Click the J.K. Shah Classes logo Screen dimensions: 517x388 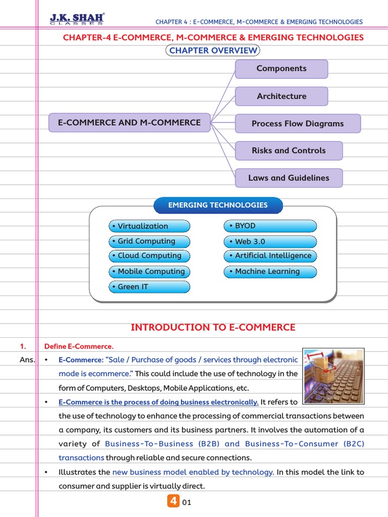[x=77, y=19]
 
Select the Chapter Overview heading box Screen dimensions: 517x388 [x=213, y=50]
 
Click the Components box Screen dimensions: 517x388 [x=281, y=69]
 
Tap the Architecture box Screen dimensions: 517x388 [x=281, y=96]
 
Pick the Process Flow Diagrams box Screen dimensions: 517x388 [x=298, y=123]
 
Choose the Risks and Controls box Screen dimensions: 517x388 [x=288, y=150]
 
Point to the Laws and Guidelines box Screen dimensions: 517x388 [x=288, y=178]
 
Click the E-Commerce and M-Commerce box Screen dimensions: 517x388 [x=129, y=123]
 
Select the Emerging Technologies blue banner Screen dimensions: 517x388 [x=218, y=205]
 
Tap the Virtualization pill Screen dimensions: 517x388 [x=150, y=226]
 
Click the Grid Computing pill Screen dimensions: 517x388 [x=150, y=241]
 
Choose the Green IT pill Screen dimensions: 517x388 [x=150, y=287]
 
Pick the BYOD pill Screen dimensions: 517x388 [x=270, y=226]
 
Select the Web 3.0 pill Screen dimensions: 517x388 [x=270, y=241]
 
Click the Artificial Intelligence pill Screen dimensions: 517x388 [x=270, y=255]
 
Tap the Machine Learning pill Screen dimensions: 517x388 [x=270, y=272]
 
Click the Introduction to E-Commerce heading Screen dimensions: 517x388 [x=213, y=327]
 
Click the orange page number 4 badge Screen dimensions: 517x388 [x=173, y=501]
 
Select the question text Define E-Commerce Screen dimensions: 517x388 [x=79, y=346]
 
